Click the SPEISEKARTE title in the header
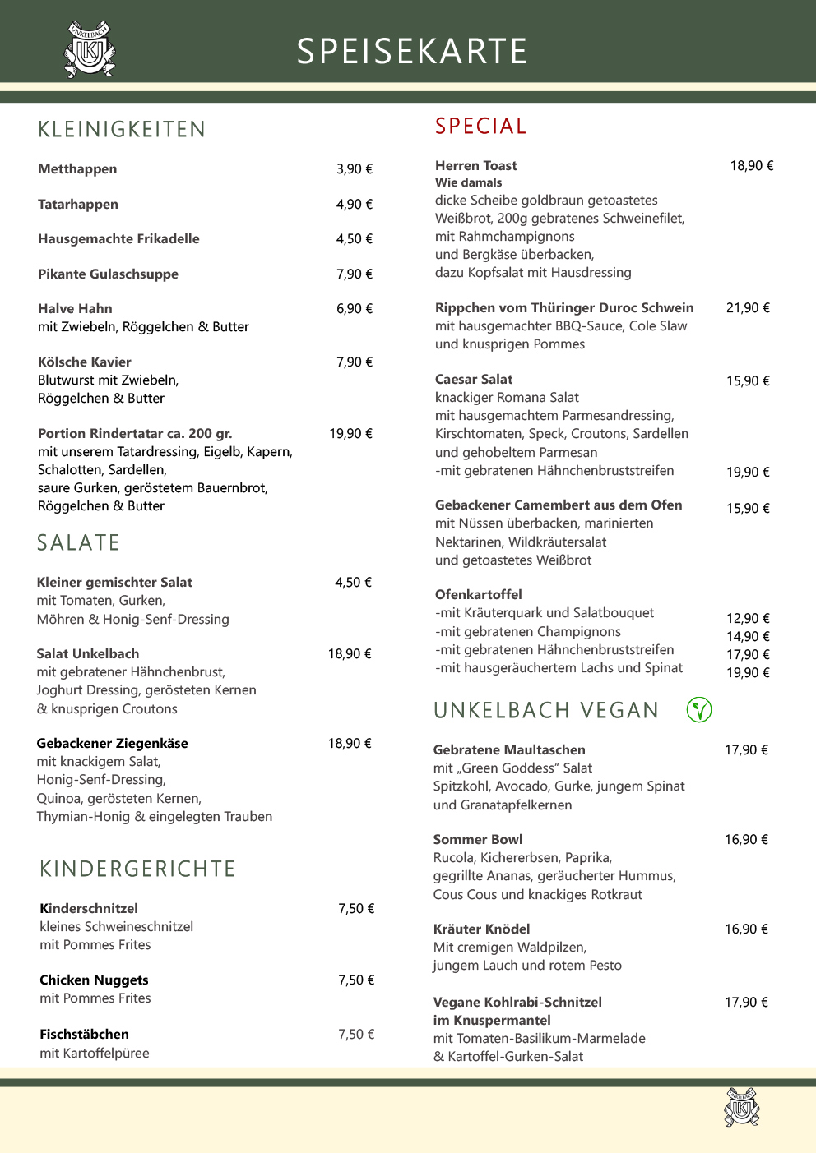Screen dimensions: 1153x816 coord(411,51)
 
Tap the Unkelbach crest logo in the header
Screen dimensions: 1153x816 coord(90,49)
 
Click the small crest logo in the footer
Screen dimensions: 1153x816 coord(741,1106)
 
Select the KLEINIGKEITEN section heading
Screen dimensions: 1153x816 coord(122,130)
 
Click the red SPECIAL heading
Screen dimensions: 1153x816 coord(480,127)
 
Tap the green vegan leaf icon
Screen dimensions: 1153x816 coord(699,709)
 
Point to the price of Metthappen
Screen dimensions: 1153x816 coord(354,169)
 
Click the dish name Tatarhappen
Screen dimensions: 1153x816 coord(78,205)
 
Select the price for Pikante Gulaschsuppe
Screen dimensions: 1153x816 coord(354,274)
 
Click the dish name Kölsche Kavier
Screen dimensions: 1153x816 coord(85,362)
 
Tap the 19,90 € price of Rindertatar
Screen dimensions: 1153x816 coord(350,434)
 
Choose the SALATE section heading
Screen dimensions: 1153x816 coord(78,543)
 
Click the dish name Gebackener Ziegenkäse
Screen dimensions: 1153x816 coord(112,744)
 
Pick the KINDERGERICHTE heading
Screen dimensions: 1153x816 coord(137,869)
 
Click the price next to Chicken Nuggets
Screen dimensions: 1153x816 coord(356,980)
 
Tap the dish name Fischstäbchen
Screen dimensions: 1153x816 coord(84,1035)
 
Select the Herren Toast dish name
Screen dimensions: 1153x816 coord(476,166)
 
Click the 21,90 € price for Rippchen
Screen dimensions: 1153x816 coord(748,308)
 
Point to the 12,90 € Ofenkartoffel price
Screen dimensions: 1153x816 coord(748,619)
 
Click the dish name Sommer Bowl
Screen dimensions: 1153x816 coord(478,840)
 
